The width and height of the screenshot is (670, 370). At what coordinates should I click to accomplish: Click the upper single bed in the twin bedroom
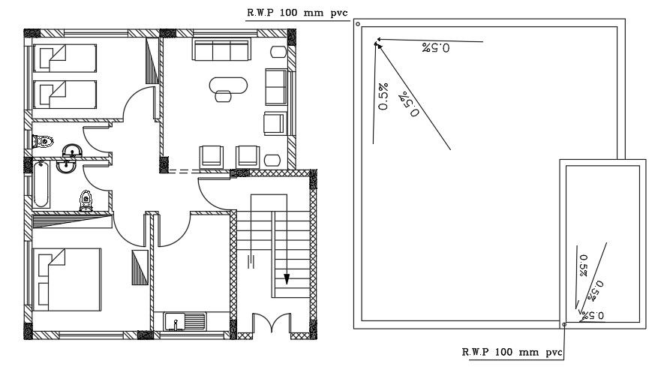65,58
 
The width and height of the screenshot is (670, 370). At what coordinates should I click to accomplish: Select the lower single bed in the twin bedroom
65,94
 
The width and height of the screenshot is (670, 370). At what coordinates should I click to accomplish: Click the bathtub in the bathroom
41,185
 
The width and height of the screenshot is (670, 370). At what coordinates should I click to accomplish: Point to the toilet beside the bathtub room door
86,200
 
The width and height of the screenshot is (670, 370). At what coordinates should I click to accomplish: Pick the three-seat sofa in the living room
222,50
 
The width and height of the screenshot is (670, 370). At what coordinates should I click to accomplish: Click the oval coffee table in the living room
228,83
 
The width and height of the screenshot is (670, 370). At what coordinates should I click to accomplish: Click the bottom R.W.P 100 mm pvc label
510,351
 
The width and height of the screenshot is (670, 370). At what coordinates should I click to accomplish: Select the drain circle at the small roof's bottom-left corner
563,325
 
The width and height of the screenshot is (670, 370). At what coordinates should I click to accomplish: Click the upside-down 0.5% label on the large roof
435,49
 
